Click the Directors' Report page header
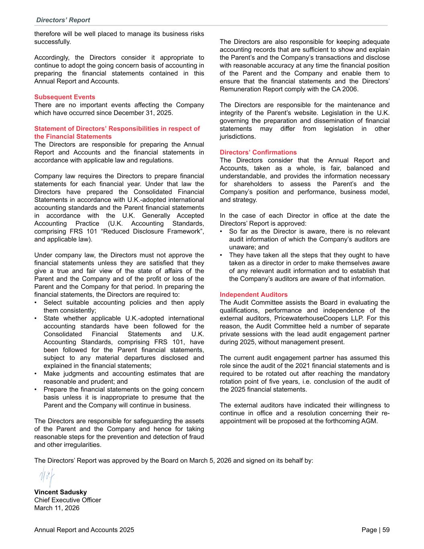63,20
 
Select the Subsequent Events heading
65,97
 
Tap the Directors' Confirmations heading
258,152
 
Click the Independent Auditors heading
254,294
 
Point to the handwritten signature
47,477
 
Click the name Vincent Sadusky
60,492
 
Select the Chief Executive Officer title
68,500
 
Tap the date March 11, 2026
57,508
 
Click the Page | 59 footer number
375,530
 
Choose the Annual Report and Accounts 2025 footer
84,530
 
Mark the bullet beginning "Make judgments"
123,374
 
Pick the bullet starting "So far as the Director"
309,231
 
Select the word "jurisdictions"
238,136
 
